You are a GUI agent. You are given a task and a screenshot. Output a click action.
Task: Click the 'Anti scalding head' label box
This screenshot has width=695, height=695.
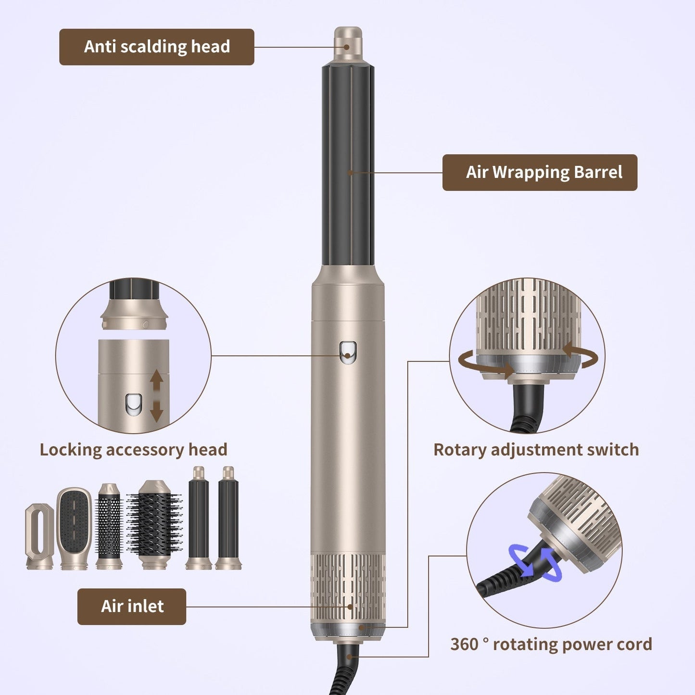pos(156,47)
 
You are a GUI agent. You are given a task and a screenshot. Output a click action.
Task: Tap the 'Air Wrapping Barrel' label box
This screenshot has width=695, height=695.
pos(539,172)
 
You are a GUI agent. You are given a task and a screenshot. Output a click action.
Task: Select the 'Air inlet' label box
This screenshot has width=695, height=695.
pos(132,606)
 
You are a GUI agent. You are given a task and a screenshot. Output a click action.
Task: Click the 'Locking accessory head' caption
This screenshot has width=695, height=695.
pos(133,450)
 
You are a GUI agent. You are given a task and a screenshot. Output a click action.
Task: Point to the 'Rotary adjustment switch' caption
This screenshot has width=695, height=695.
pos(536,450)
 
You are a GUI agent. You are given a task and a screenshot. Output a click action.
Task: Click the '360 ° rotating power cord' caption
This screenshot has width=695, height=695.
pos(551,644)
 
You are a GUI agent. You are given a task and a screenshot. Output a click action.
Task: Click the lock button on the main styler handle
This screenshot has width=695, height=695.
pos(348,352)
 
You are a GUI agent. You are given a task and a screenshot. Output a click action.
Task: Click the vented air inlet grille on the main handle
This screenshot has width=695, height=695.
pos(348,587)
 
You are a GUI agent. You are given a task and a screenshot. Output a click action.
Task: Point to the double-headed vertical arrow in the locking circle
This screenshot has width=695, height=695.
pos(157,396)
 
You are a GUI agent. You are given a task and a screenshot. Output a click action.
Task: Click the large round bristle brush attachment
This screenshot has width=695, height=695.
pos(154,524)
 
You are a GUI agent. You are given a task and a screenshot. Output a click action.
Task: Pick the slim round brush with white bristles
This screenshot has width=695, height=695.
pos(109,527)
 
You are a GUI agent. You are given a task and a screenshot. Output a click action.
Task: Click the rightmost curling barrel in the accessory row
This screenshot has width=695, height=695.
pos(228,518)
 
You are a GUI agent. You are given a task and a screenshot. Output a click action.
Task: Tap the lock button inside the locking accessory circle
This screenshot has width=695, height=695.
pos(133,405)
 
